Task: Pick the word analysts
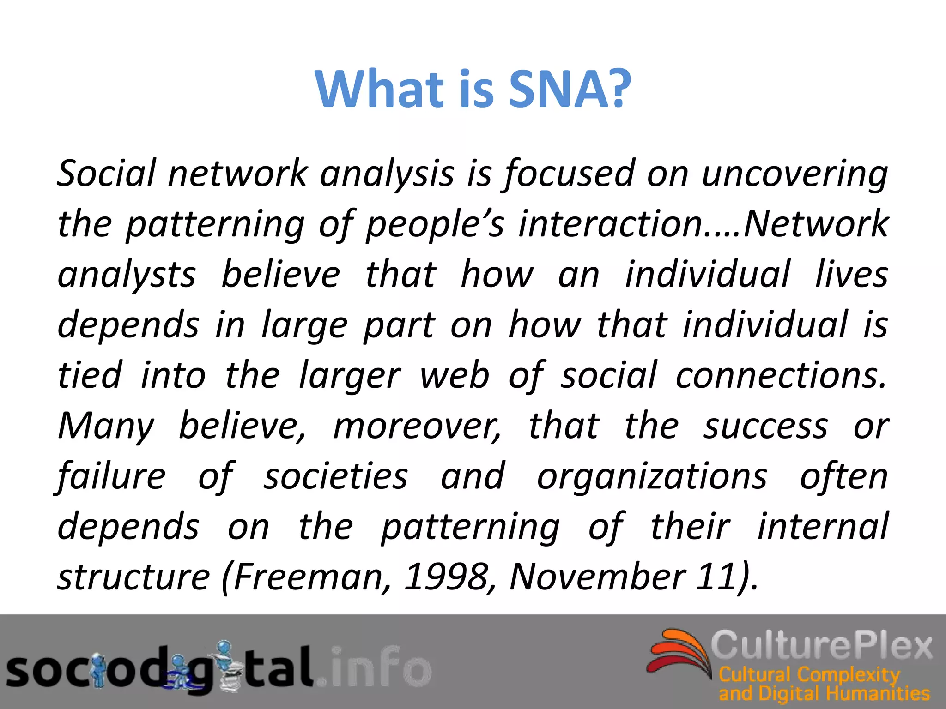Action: (x=127, y=275)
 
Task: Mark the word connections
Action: (x=781, y=375)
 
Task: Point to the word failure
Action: (x=111, y=476)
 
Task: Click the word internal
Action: (x=823, y=527)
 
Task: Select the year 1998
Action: (x=446, y=577)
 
